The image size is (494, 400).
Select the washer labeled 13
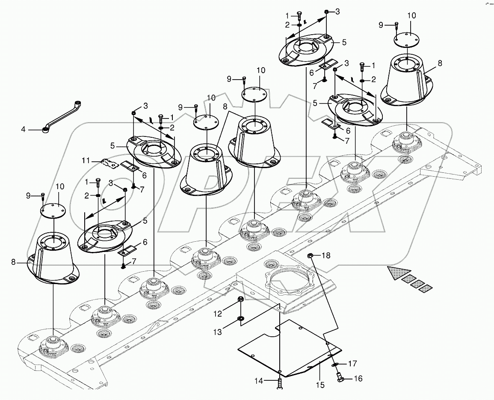tap(240, 318)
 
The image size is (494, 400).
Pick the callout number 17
tap(352, 364)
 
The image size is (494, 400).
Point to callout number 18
tap(326, 256)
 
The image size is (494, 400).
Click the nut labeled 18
tap(311, 256)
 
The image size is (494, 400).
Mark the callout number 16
tap(358, 379)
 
